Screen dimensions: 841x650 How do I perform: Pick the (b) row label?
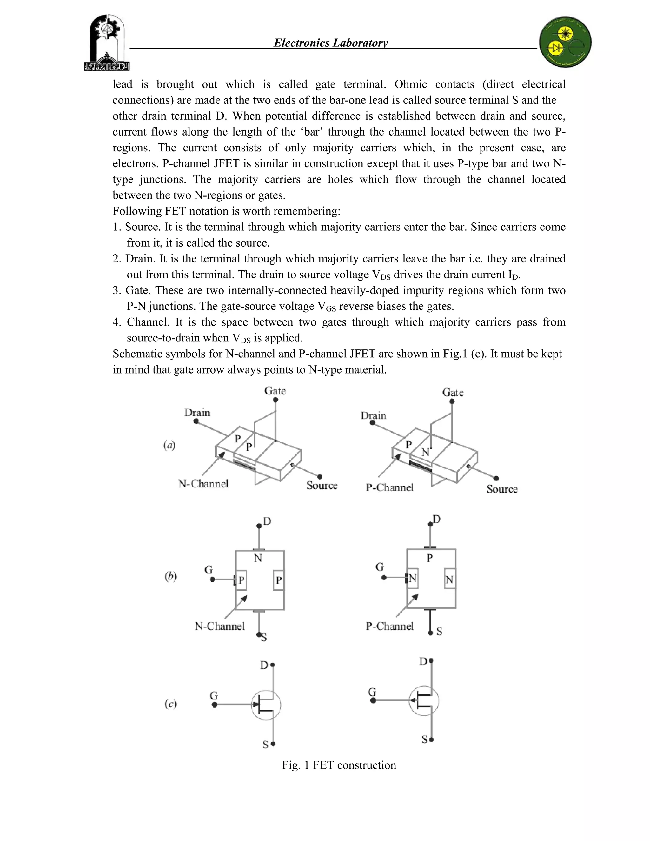pyautogui.click(x=170, y=576)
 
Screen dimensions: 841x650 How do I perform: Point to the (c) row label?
pyautogui.click(x=170, y=704)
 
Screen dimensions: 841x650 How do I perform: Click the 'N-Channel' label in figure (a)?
pyautogui.click(x=203, y=484)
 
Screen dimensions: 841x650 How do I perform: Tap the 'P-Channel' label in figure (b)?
pyautogui.click(x=389, y=626)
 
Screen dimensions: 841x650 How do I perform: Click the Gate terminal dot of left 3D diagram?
pyautogui.click(x=275, y=400)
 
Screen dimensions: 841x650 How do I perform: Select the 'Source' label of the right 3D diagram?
pyautogui.click(x=502, y=489)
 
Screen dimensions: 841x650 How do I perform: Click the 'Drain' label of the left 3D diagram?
pyautogui.click(x=197, y=413)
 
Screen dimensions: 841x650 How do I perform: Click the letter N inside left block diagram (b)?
pyautogui.click(x=258, y=558)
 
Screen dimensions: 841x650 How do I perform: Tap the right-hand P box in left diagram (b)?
pyautogui.click(x=278, y=580)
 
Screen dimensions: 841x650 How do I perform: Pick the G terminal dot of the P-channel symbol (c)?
pyautogui.click(x=373, y=700)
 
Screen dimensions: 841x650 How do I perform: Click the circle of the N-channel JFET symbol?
pyautogui.click(x=266, y=705)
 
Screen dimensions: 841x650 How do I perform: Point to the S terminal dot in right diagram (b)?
pyautogui.click(x=430, y=633)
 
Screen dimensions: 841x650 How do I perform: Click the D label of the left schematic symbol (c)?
pyautogui.click(x=264, y=665)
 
